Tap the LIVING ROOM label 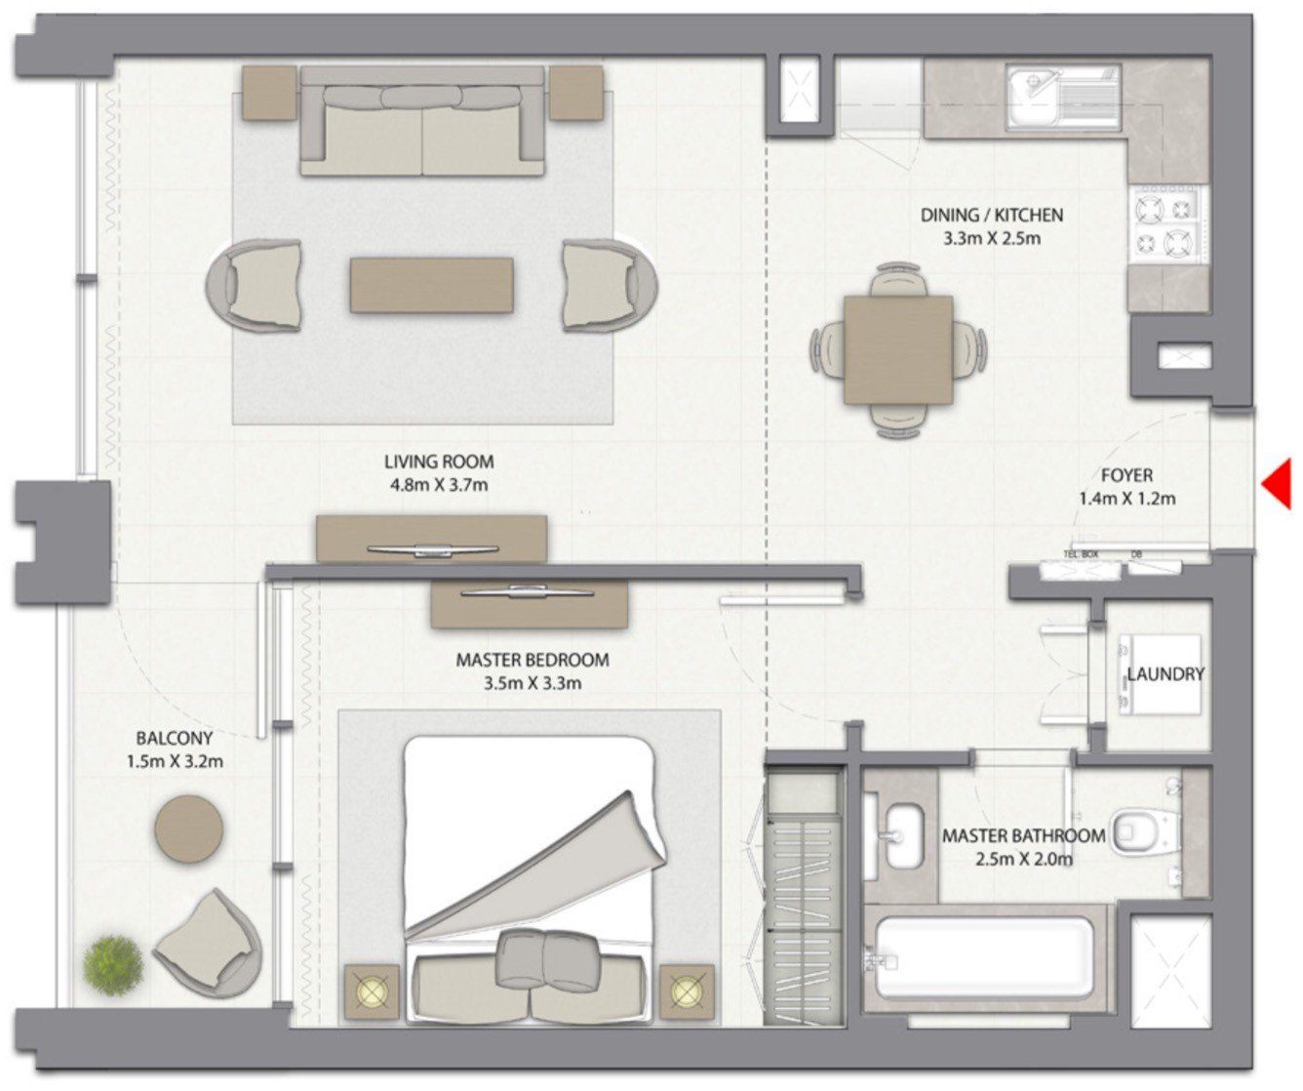[438, 462]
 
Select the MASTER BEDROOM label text [532, 661]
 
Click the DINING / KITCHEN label [991, 215]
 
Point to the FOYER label [1126, 476]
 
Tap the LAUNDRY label [1165, 674]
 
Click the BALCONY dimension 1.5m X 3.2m [175, 761]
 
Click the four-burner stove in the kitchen [1166, 223]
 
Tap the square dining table [898, 349]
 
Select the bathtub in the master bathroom [983, 957]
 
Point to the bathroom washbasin [903, 834]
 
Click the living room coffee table [431, 285]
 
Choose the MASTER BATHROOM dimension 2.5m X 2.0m [1023, 860]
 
